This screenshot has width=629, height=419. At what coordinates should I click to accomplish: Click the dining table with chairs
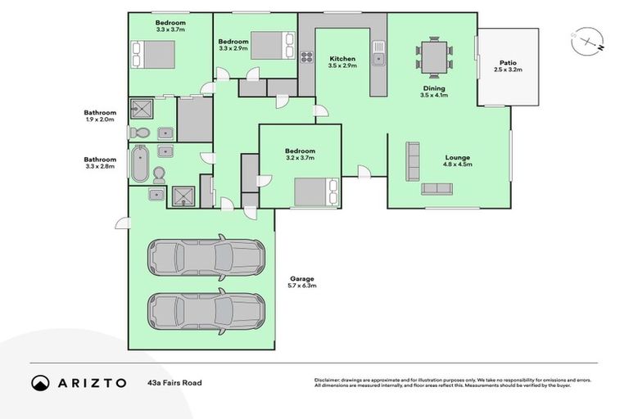click(433, 56)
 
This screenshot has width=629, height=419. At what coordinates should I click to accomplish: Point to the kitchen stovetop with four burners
click(307, 57)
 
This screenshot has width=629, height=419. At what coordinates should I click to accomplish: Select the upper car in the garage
click(206, 258)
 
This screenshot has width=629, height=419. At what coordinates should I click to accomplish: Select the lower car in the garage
click(206, 310)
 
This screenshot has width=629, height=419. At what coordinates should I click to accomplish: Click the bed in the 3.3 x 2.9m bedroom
click(270, 44)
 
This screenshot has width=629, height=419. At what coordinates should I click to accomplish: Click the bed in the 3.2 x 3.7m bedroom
click(315, 192)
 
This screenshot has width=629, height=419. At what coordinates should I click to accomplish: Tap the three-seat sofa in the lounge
click(437, 189)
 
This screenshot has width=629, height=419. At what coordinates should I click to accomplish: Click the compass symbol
click(586, 41)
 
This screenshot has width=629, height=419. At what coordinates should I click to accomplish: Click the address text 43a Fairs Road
click(174, 382)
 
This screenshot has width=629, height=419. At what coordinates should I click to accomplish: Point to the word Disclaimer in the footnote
click(328, 379)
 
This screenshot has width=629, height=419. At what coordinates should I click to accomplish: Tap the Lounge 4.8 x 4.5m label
click(457, 160)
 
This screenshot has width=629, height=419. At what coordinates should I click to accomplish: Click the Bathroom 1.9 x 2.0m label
click(100, 115)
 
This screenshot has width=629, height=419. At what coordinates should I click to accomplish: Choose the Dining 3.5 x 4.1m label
click(434, 91)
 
